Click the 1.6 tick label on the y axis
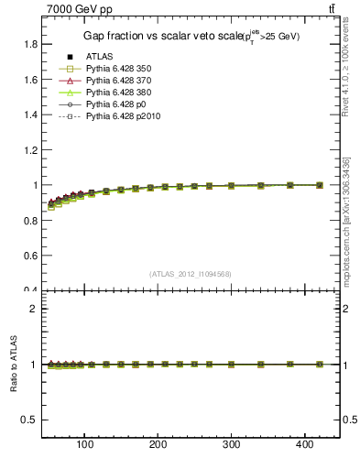[29, 80]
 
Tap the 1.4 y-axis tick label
[29, 115]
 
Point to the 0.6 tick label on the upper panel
[29, 256]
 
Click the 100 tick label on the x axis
[85, 446]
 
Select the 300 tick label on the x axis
[232, 446]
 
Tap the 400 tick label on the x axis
[305, 446]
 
